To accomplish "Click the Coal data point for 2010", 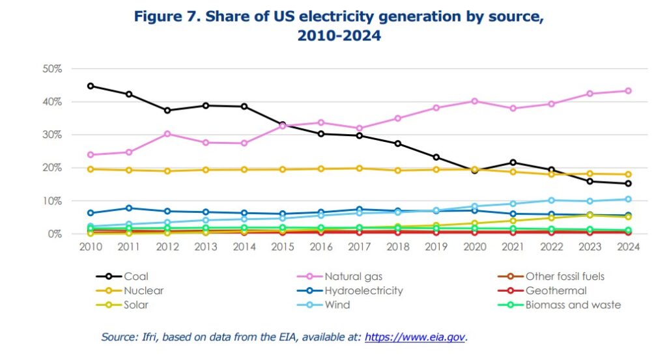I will tap(91, 86).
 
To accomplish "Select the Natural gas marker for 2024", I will tap(628, 91).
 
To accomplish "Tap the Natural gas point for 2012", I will tap(167, 134).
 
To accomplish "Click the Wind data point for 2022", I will tap(551, 201).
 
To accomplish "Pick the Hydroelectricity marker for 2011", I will tap(129, 208).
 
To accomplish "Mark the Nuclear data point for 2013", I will tap(206, 170).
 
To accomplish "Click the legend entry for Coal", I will tap(135, 277).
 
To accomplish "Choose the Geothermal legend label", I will tap(556, 291).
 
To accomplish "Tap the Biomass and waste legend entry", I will tap(573, 305).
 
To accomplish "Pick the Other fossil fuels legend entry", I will tap(565, 277).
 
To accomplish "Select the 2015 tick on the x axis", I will tap(283, 247).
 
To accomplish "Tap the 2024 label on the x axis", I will tap(628, 247).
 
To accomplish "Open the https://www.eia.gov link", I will tap(415, 337).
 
